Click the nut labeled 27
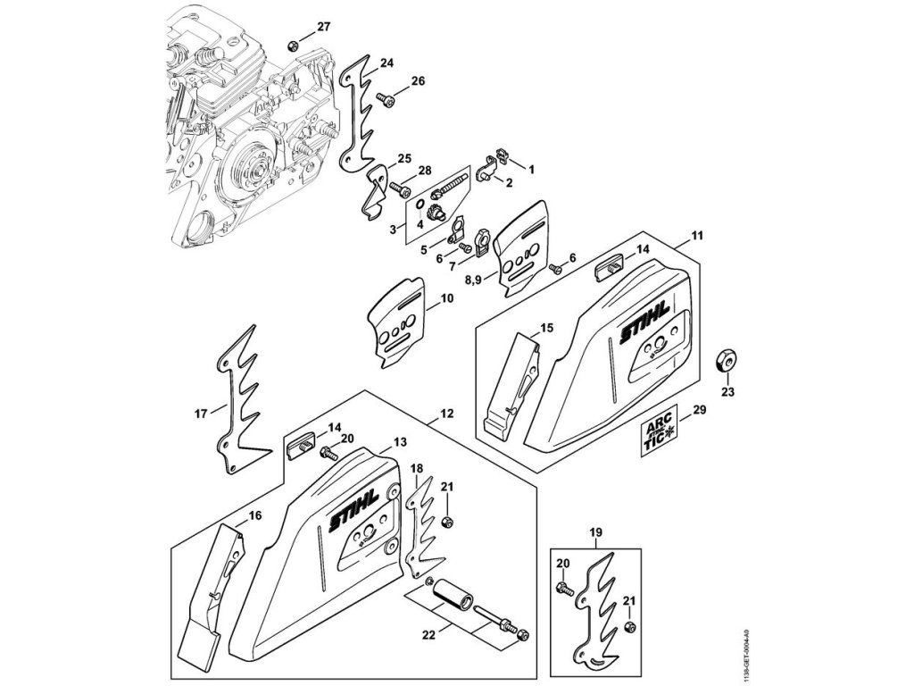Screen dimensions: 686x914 [294, 45]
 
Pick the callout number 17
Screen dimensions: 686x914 [201, 413]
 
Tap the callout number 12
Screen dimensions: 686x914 [447, 414]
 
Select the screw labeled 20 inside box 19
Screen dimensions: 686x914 [565, 588]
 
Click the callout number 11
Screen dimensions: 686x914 [697, 236]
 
